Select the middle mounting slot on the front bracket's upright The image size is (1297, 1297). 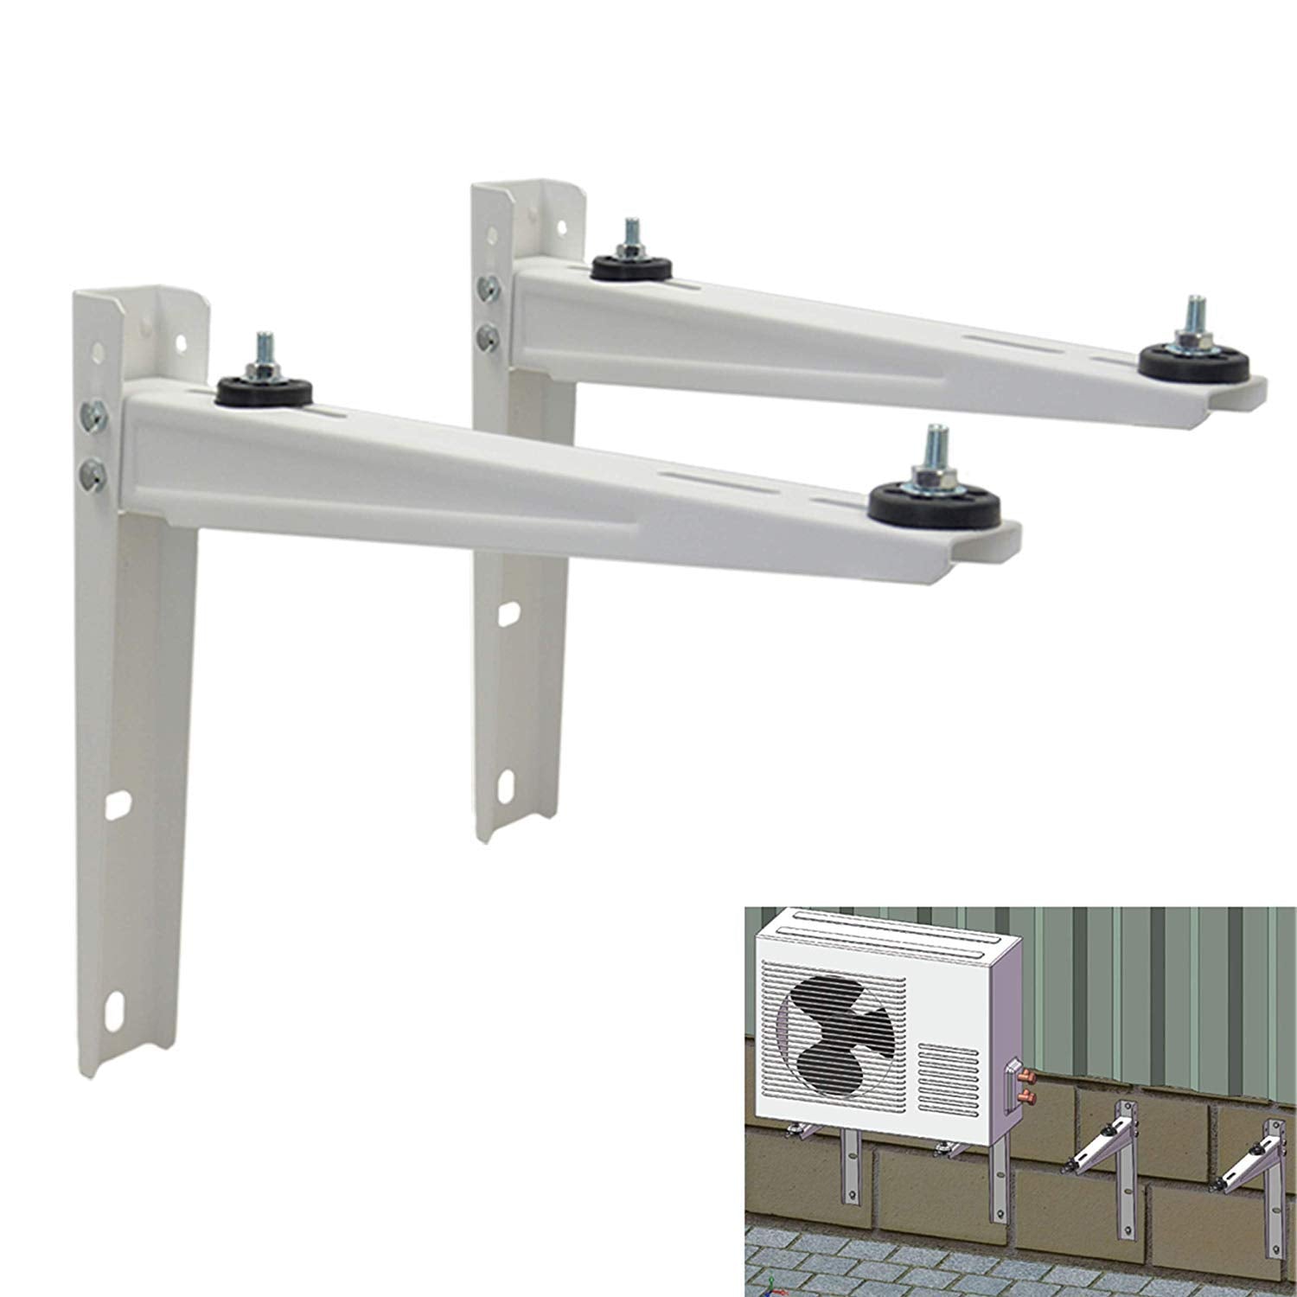[x=117, y=804]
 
